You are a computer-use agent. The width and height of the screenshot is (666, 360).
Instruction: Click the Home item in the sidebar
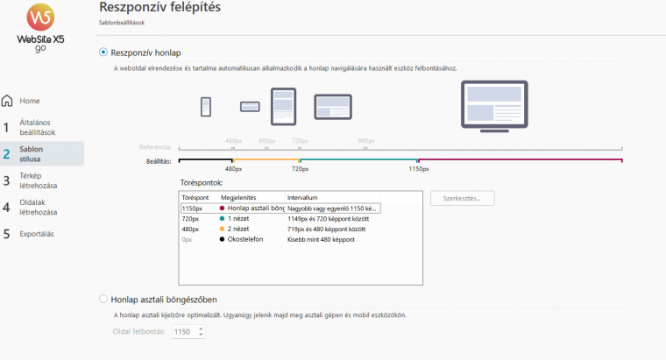[30, 101]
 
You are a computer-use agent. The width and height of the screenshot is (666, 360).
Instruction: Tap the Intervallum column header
[303, 198]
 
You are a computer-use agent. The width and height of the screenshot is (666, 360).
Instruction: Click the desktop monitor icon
[494, 103]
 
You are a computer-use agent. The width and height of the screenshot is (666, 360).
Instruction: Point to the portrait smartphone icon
[207, 106]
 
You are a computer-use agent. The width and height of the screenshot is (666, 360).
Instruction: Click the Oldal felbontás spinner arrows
[202, 332]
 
